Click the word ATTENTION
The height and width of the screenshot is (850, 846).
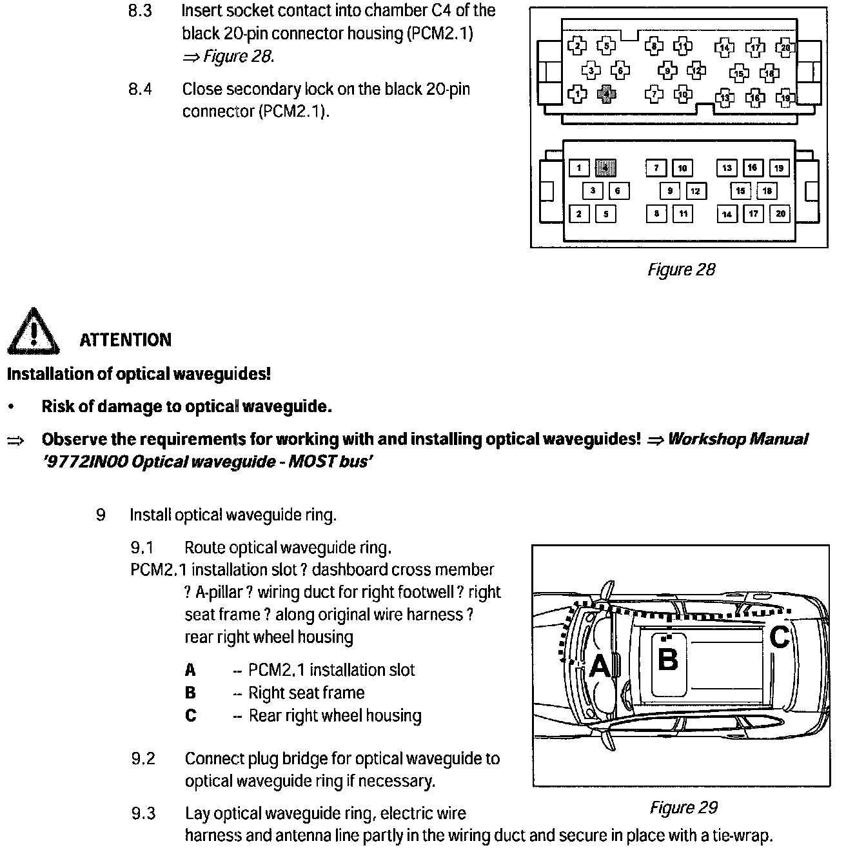pyautogui.click(x=125, y=340)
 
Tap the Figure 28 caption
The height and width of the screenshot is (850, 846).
pyautogui.click(x=681, y=270)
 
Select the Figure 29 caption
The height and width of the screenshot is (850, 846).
pyautogui.click(x=683, y=807)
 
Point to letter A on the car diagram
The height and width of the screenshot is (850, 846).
pyautogui.click(x=600, y=666)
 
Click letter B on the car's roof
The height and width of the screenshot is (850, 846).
pyautogui.click(x=667, y=659)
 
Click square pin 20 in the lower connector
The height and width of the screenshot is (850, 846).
pyautogui.click(x=780, y=213)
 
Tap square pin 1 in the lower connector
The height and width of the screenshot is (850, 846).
pyautogui.click(x=579, y=168)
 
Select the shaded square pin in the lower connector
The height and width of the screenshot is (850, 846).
pyautogui.click(x=605, y=168)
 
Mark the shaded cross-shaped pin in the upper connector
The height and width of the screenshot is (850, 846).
pyautogui.click(x=605, y=95)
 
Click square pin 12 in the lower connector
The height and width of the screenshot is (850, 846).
pyautogui.click(x=695, y=191)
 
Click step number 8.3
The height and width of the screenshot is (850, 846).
pyautogui.click(x=140, y=11)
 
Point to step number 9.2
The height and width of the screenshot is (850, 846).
pyautogui.click(x=143, y=758)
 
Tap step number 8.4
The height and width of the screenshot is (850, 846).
pyautogui.click(x=140, y=89)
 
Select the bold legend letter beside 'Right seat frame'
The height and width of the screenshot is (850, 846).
pyautogui.click(x=190, y=693)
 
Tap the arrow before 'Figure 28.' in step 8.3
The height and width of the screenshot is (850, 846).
pyautogui.click(x=191, y=57)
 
